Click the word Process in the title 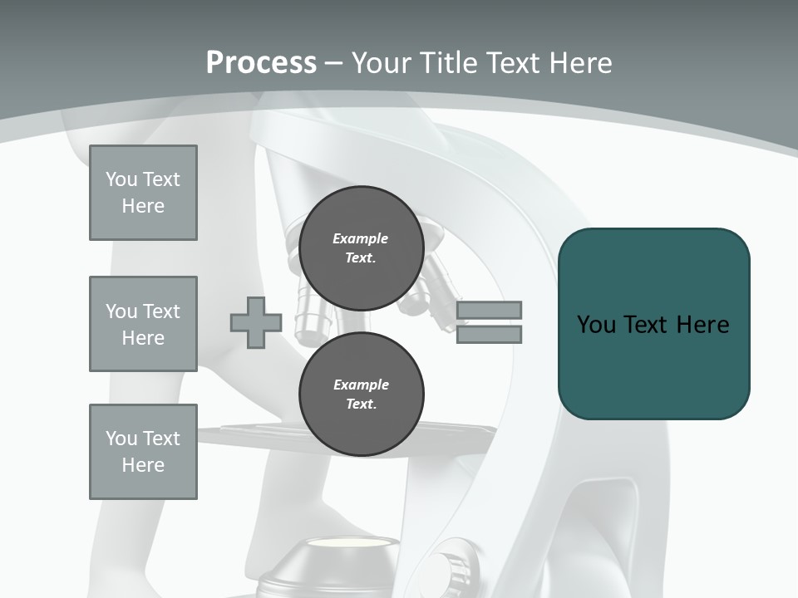click(x=261, y=63)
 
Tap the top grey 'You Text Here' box click(x=143, y=193)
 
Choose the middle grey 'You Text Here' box click(x=143, y=324)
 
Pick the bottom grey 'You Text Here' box click(x=143, y=452)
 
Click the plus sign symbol click(x=256, y=323)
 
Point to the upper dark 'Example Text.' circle click(x=361, y=248)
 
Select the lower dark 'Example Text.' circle click(x=361, y=394)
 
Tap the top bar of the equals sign click(x=489, y=311)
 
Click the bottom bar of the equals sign click(x=489, y=335)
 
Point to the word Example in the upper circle click(x=361, y=238)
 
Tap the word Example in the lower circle click(x=361, y=385)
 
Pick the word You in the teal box click(x=595, y=324)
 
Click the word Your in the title click(x=382, y=63)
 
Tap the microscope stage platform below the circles click(x=249, y=432)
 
